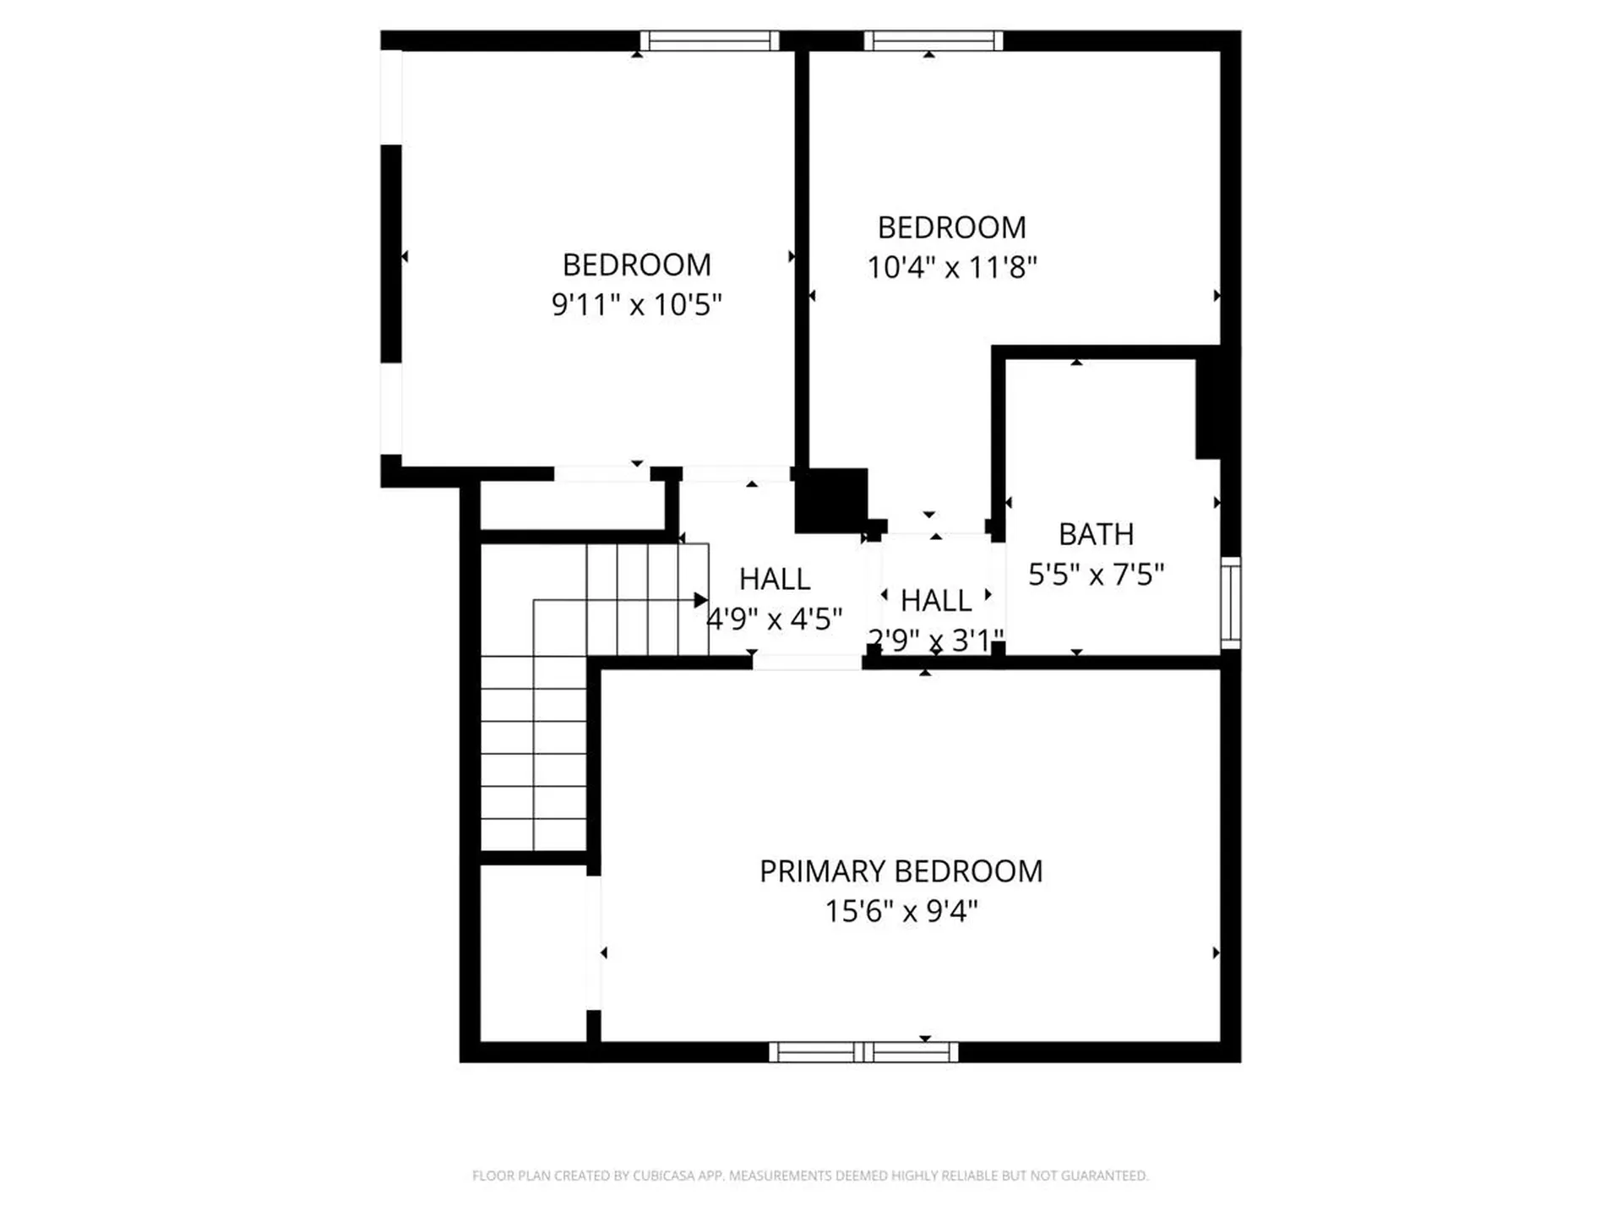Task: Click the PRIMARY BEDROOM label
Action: click(x=901, y=871)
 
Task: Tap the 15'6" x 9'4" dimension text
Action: click(x=901, y=912)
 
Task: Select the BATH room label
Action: click(x=1096, y=534)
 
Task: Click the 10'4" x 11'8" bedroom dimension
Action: click(x=951, y=268)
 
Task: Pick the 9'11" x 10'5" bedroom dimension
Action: click(x=636, y=304)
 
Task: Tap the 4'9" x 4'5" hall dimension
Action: click(x=774, y=619)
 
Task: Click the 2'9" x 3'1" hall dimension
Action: click(x=936, y=640)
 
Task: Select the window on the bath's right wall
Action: click(x=1231, y=603)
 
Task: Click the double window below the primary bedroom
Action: click(x=863, y=1052)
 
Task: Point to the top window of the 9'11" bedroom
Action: click(x=710, y=41)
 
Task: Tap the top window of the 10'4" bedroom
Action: click(x=933, y=41)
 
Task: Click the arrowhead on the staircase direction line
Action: click(x=700, y=600)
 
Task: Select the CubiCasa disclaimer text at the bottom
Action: click(x=810, y=1176)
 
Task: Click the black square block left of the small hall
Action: click(x=832, y=499)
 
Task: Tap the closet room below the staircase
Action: click(x=533, y=953)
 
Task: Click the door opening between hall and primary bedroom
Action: click(x=807, y=663)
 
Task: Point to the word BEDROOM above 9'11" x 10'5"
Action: click(x=636, y=265)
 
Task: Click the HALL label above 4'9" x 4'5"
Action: click(x=774, y=579)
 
